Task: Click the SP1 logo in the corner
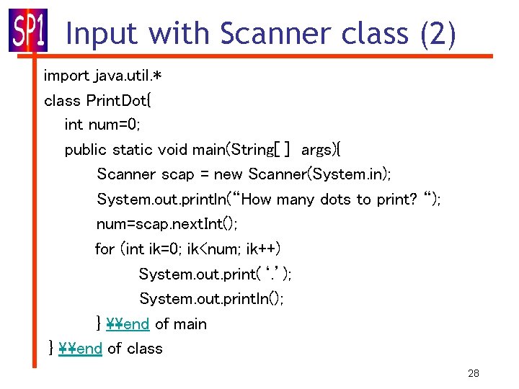tap(27, 31)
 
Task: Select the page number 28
tap(473, 373)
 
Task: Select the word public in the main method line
tap(86, 150)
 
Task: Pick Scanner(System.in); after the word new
tap(319, 174)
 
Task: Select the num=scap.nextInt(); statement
tap(167, 224)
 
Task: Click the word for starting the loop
tap(105, 249)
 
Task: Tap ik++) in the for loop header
tap(262, 249)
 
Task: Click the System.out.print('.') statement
tap(215, 274)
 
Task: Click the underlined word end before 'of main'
tap(136, 324)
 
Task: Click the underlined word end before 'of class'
tap(89, 349)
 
